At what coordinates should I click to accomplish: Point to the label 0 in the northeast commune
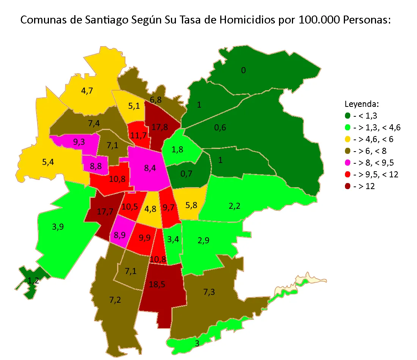[243, 70]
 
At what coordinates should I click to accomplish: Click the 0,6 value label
[220, 128]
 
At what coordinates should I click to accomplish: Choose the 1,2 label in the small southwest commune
[33, 281]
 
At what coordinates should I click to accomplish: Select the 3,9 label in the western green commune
[58, 227]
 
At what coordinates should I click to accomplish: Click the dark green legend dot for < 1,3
[347, 116]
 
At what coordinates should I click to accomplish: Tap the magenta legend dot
[347, 163]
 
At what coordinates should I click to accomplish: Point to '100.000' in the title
[319, 20]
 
